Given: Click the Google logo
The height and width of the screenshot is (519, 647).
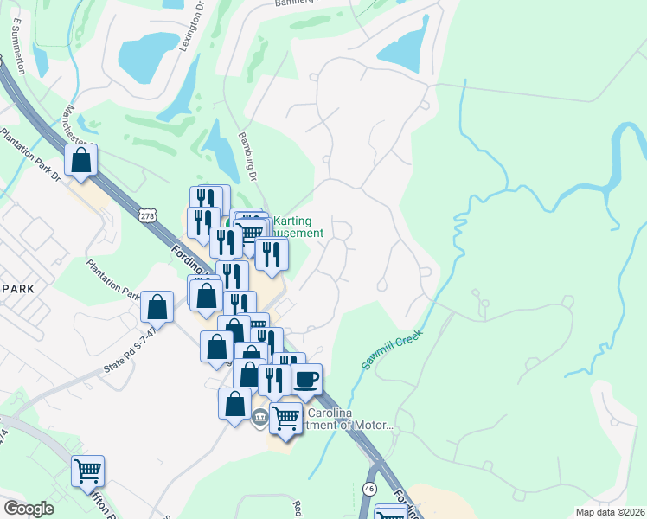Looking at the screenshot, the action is point(29,509).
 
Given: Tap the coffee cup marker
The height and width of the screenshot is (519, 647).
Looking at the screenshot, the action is point(306,379).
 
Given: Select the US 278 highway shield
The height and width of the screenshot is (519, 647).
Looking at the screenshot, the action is point(148,213).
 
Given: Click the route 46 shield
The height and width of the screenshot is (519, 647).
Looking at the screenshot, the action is point(369,490).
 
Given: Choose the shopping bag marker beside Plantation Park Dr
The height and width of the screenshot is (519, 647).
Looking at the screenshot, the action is point(80,160).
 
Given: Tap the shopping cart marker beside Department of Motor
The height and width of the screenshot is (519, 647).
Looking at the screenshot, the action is point(285,420).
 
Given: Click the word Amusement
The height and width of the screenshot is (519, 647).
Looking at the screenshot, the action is point(298,233).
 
